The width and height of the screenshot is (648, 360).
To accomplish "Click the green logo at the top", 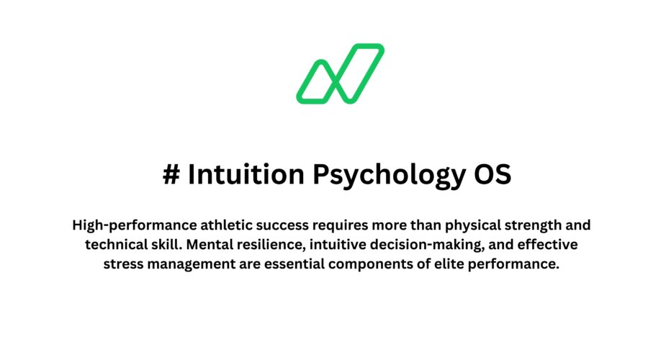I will (x=340, y=73).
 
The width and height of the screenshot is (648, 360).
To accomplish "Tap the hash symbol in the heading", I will (x=171, y=176).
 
